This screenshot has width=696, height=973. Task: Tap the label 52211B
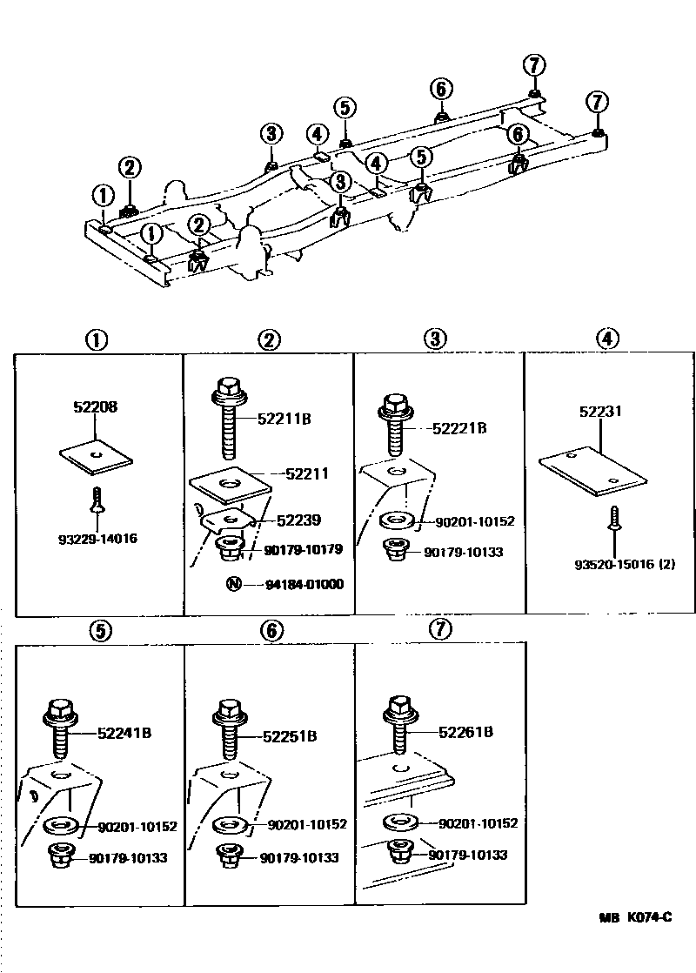[x=284, y=419]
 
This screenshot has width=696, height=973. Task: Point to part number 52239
[x=298, y=520]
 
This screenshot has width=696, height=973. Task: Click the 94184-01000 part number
[x=304, y=584]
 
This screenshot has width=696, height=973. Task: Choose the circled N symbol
[x=233, y=584]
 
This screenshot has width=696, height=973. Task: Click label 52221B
[x=459, y=428]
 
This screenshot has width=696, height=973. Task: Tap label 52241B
[x=124, y=733]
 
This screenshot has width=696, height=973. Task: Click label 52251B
[x=290, y=736]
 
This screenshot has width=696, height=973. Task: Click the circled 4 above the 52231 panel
[x=606, y=339]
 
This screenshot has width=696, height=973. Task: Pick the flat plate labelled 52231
[x=592, y=470]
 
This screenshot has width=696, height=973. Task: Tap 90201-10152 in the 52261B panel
[x=478, y=822]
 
